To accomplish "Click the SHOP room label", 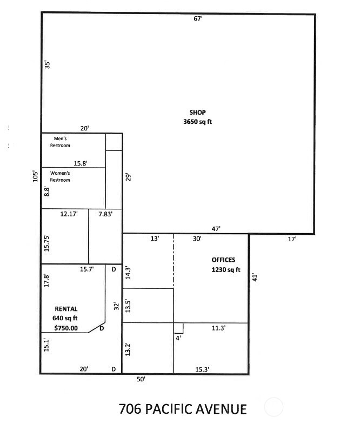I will click(197, 113).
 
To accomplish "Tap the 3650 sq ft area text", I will click(197, 122).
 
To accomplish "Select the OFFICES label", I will click(223, 260).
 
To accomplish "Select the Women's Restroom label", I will click(60, 176).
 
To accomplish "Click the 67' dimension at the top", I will click(198, 19).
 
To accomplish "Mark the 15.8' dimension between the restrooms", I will click(81, 163).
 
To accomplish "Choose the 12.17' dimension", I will click(69, 214).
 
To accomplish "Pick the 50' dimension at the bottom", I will click(141, 380).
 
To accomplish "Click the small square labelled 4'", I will click(178, 328).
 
